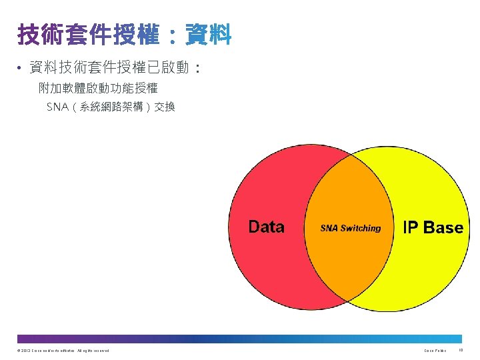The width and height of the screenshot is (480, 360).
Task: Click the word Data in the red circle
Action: pos(266,227)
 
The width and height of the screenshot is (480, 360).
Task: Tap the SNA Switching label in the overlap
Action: pos(351,228)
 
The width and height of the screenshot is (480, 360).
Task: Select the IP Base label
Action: pos(433,228)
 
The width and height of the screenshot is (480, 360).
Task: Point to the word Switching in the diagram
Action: pos(361,228)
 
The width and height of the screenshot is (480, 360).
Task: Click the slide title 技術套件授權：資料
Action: pos(124,34)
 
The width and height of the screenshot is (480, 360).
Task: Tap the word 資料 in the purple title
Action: pos(209,34)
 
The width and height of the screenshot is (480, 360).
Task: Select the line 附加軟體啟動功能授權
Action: pos(98,87)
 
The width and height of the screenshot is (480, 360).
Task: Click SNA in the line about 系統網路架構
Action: pos(57,107)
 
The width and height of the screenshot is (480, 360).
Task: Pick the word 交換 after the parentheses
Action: pos(165,107)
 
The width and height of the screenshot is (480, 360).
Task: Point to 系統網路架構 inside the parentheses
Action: pos(110,107)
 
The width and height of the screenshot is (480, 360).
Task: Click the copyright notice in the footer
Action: pos(60,351)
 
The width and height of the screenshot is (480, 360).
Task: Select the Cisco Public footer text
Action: pos(435,351)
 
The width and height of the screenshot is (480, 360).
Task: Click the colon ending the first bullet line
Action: pos(197,68)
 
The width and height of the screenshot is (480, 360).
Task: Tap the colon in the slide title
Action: pos(172,35)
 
